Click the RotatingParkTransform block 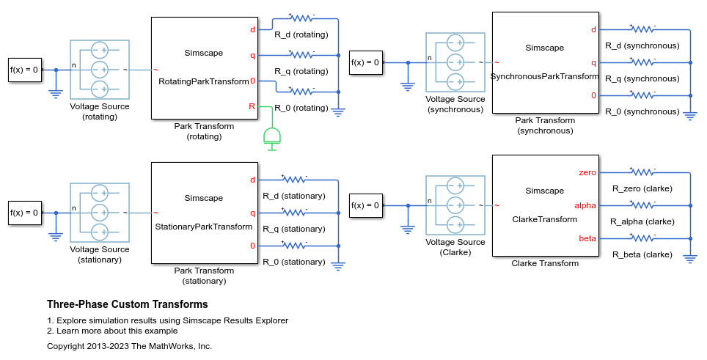coord(203,67)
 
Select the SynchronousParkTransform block coord(544,62)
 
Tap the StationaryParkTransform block coord(203,213)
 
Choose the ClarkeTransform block coord(544,205)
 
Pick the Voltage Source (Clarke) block coord(455,205)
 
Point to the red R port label coord(252,106)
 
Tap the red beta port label coord(587,238)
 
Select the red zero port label coord(587,173)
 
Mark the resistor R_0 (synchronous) coord(642,95)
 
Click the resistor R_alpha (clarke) coord(642,206)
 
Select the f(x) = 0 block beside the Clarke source coord(365,205)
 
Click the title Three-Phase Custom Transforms coord(127,304)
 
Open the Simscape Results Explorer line coord(167,320)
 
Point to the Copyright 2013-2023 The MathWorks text coord(129,345)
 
